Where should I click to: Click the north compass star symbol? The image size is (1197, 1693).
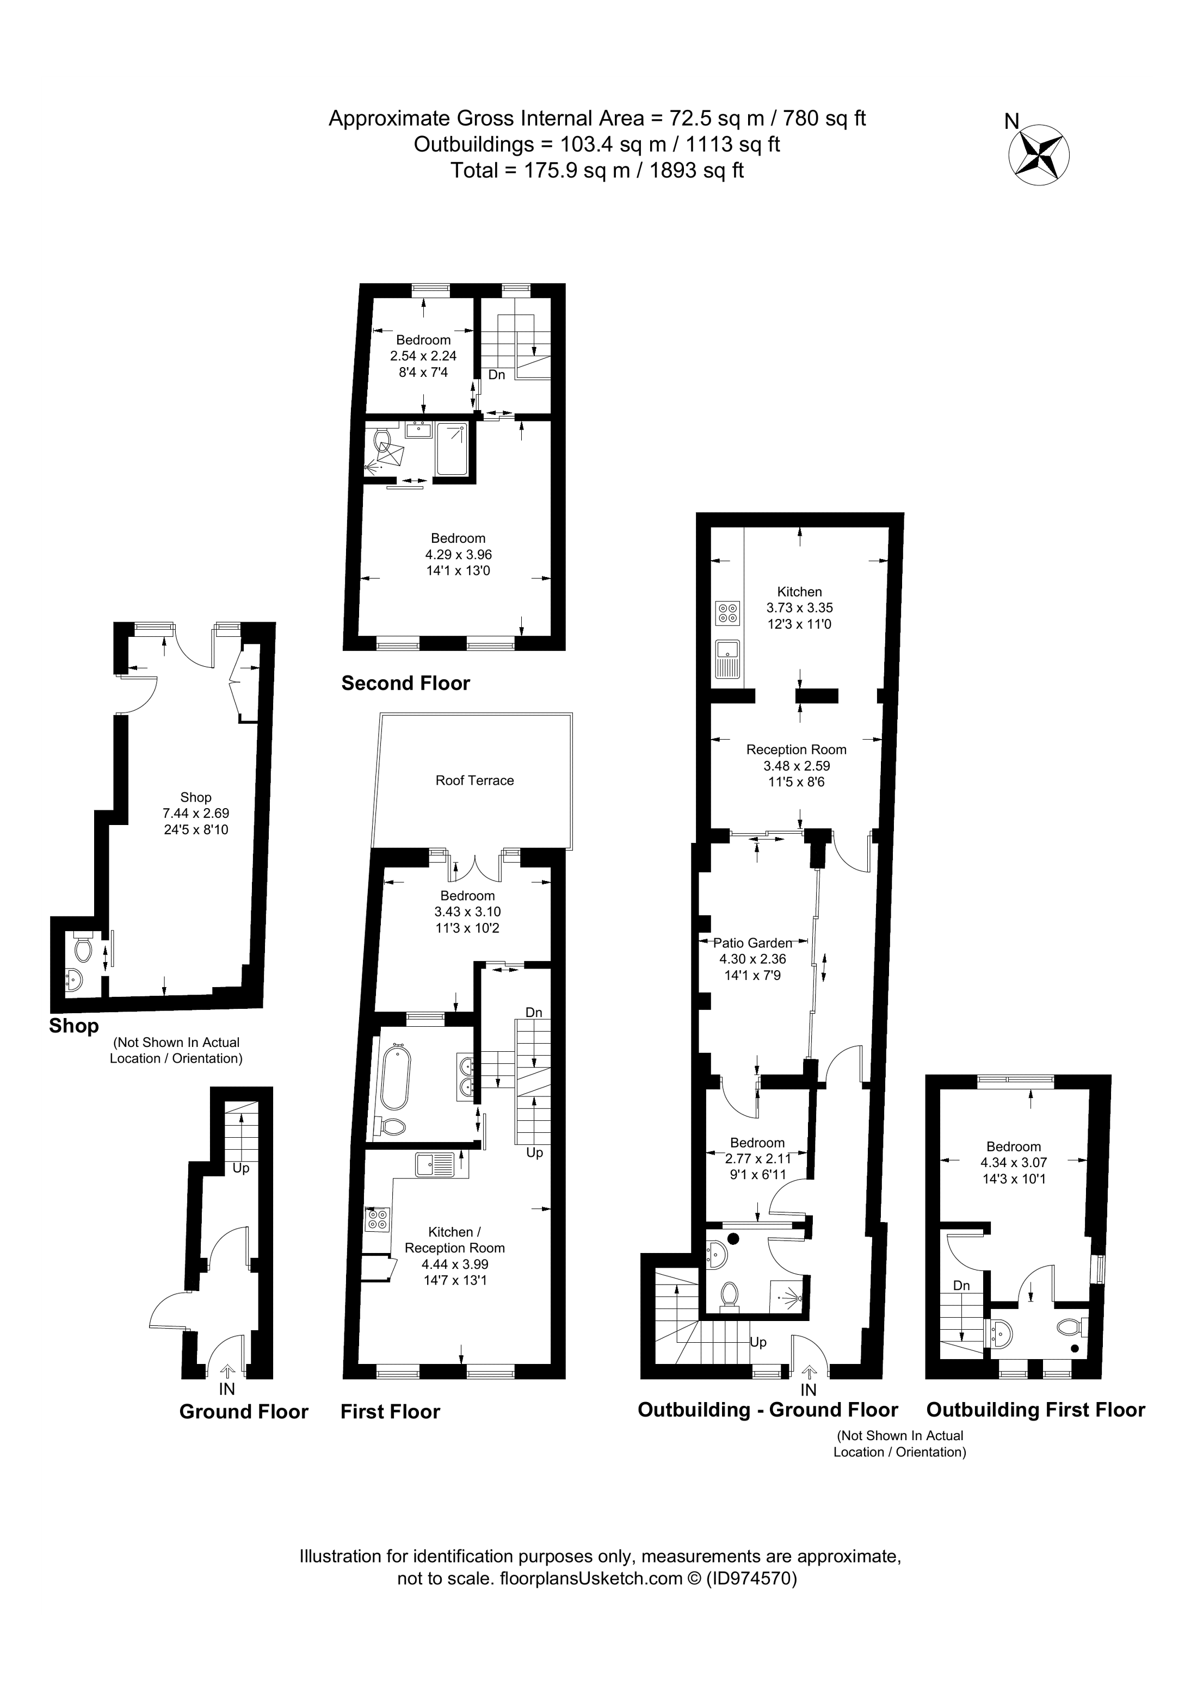click(1039, 156)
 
